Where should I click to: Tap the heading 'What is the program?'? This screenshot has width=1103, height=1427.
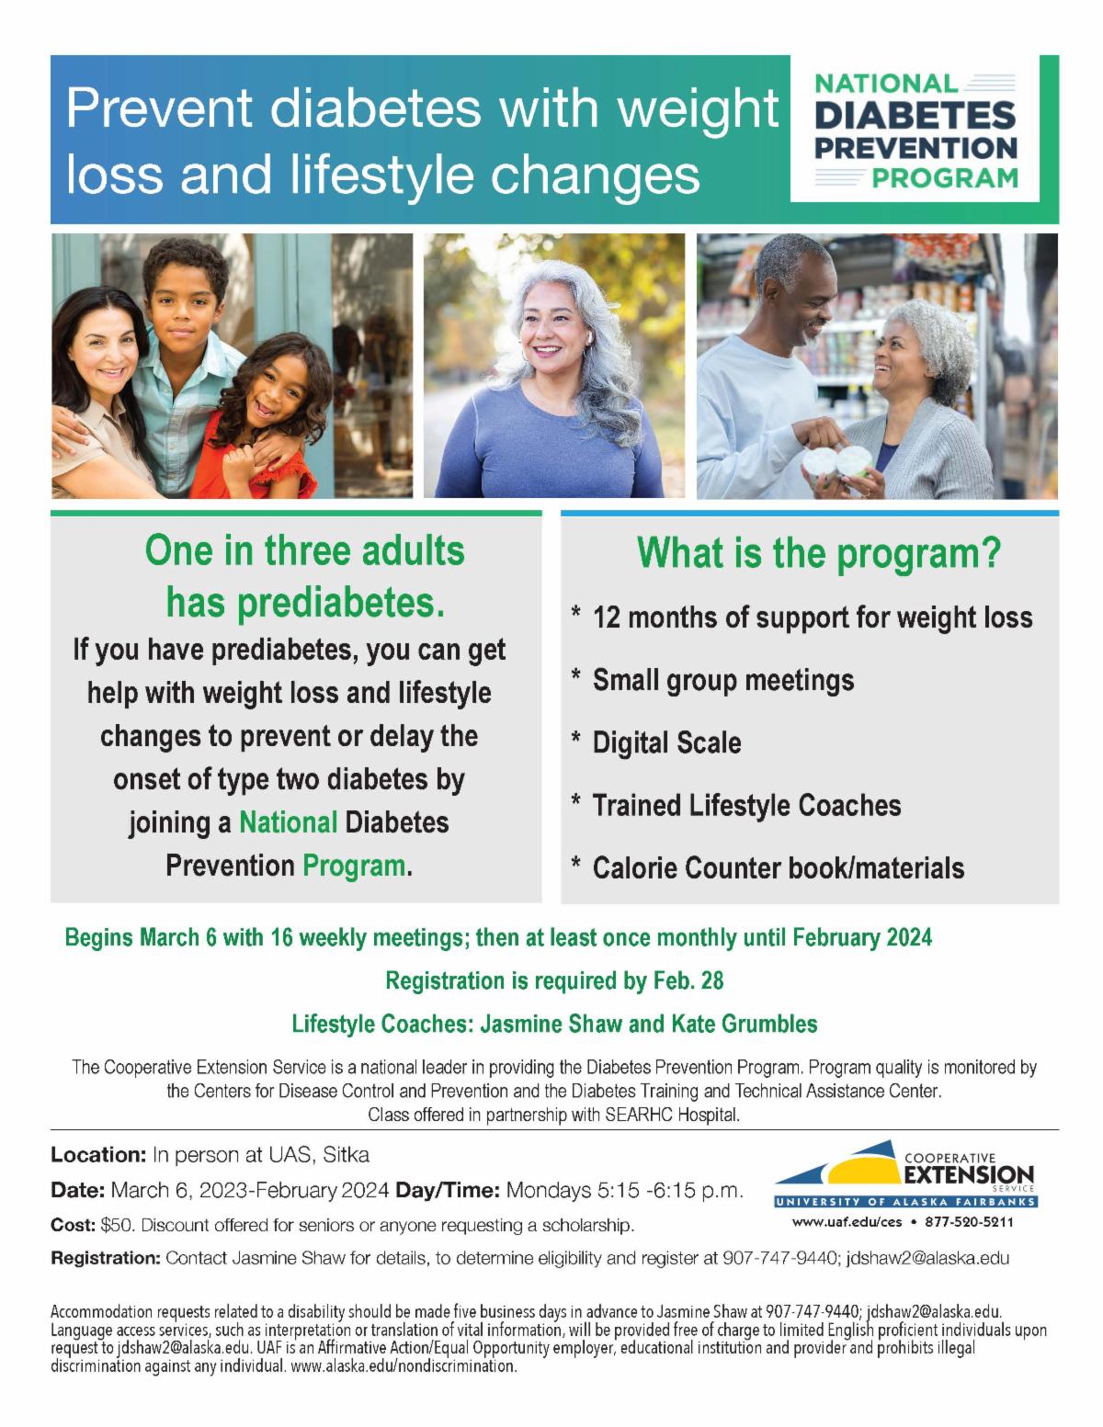pos(817,554)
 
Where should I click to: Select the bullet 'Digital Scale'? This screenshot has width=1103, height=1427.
pos(666,742)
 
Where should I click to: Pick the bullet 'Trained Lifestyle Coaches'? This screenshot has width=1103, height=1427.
pos(746,806)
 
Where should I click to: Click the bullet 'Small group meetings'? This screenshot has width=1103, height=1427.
pos(722,680)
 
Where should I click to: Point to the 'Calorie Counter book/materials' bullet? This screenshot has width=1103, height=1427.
pos(778,868)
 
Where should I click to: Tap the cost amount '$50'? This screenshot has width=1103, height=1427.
pos(118,1226)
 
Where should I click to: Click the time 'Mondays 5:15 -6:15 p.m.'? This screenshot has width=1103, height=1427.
pos(625,1191)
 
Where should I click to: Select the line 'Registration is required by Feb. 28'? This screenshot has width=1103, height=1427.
pos(554,981)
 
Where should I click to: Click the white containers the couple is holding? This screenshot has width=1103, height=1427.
pos(836,463)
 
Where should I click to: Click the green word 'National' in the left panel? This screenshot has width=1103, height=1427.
pos(288,821)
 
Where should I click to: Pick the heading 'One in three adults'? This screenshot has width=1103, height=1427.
pos(305,551)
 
